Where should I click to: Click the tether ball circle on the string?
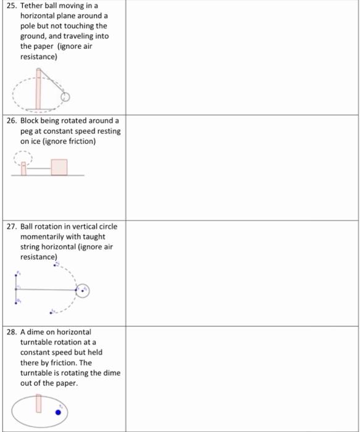click(x=66, y=97)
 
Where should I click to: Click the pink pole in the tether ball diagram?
click(x=39, y=89)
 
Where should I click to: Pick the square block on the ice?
click(x=59, y=167)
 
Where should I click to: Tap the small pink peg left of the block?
click(x=24, y=168)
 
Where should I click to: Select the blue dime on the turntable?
click(x=58, y=412)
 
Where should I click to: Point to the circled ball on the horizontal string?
click(x=83, y=290)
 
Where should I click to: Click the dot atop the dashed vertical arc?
click(x=57, y=265)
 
